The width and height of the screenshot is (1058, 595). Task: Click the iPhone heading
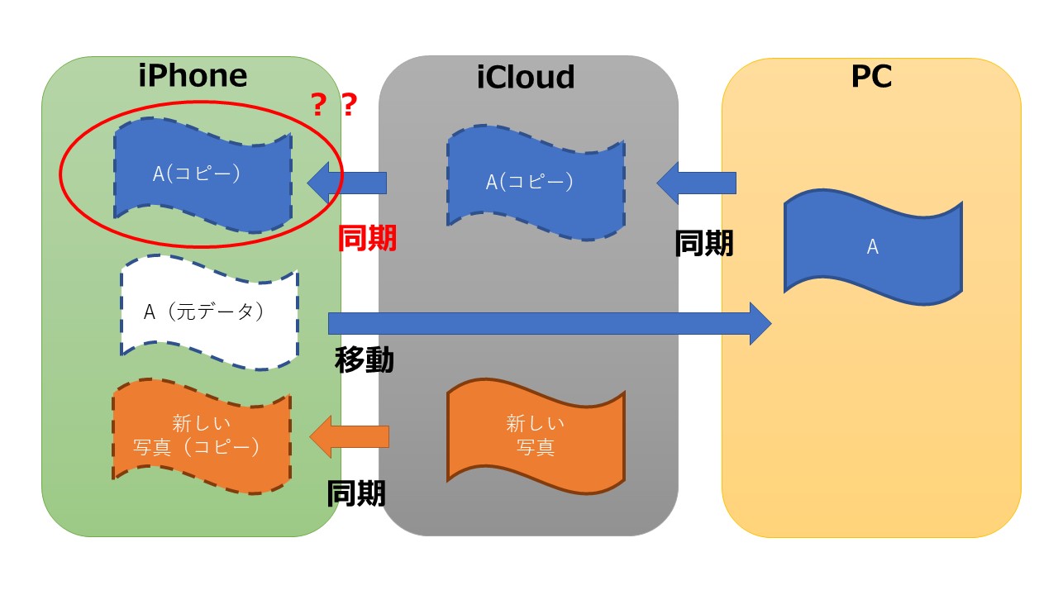tap(193, 75)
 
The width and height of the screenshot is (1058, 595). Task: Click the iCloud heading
tap(526, 77)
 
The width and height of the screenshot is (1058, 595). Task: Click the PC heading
tap(871, 76)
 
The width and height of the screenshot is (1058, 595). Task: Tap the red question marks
tap(333, 105)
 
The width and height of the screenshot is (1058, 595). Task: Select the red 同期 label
tap(368, 238)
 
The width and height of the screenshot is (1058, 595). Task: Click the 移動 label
tap(364, 359)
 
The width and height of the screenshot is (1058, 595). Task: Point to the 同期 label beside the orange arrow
tap(356, 493)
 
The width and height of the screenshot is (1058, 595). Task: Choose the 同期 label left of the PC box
tap(704, 243)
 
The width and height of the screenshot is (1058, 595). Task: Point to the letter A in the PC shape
tap(872, 247)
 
